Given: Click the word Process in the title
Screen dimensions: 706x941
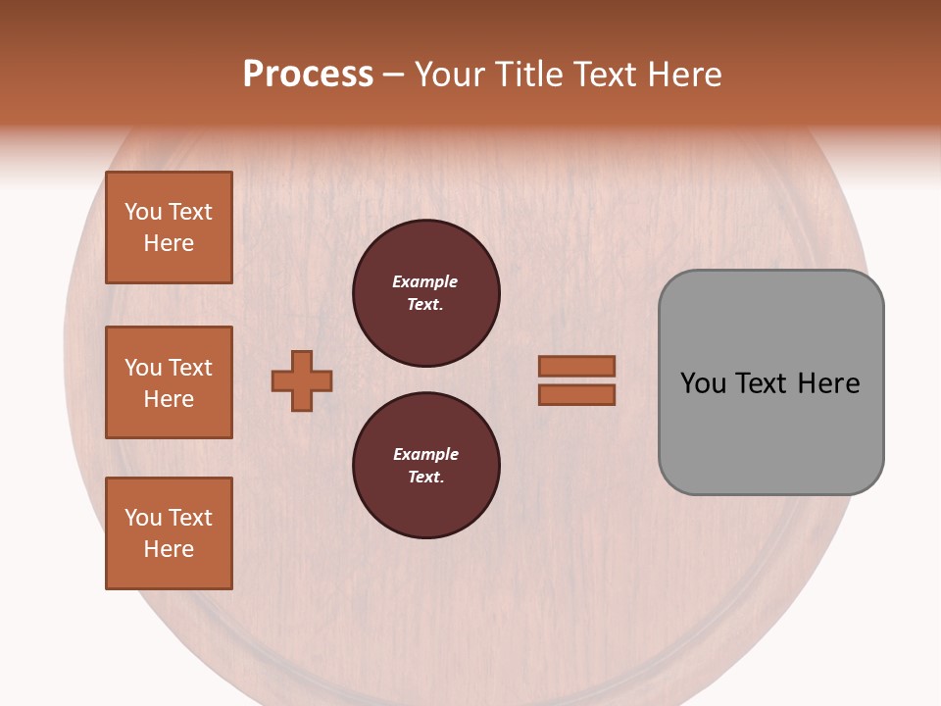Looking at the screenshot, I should [308, 75].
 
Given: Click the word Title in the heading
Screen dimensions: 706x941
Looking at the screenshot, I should [525, 75].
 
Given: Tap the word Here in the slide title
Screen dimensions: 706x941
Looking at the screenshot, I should [682, 75].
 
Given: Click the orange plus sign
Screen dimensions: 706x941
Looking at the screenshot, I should [302, 380].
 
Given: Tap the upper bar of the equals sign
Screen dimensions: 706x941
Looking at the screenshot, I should [577, 366].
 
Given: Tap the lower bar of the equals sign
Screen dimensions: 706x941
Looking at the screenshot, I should [577, 395].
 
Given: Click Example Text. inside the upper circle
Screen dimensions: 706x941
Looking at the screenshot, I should [425, 293].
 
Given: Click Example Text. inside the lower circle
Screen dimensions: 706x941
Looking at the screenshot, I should [425, 466].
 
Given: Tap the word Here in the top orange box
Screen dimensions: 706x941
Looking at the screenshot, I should [169, 243].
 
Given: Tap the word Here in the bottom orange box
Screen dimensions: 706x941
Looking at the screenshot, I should [169, 549].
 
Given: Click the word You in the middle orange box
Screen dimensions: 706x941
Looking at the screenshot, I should [142, 368].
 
